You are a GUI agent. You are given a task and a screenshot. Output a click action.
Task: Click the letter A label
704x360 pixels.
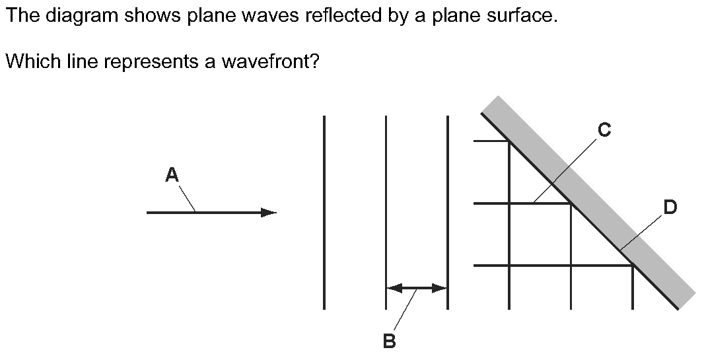point(172,174)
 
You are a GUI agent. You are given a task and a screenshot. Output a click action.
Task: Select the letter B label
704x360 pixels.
point(390,342)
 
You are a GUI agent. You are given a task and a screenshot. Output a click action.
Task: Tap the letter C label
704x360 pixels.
point(604,129)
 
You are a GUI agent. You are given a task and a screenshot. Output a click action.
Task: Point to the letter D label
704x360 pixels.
point(670,207)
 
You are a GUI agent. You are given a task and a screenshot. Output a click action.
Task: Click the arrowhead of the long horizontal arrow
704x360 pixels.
point(269,213)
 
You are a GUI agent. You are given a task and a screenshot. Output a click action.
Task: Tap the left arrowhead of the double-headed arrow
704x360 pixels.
point(394,288)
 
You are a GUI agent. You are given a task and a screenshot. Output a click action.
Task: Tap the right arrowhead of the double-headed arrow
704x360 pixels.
point(440,288)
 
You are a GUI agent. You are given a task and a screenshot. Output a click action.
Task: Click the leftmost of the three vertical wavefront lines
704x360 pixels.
point(324,212)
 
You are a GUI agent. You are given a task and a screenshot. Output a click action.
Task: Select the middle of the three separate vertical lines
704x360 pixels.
point(386,212)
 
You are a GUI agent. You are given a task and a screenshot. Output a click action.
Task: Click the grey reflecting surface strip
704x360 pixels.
point(588,202)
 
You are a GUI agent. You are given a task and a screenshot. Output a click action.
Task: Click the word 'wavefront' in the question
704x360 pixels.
point(265,61)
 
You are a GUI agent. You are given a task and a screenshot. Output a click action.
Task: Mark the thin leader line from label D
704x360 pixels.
point(641,233)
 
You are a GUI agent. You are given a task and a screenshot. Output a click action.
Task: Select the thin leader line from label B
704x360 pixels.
point(405,311)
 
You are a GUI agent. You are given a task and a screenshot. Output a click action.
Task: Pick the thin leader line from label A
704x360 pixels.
point(187,198)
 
